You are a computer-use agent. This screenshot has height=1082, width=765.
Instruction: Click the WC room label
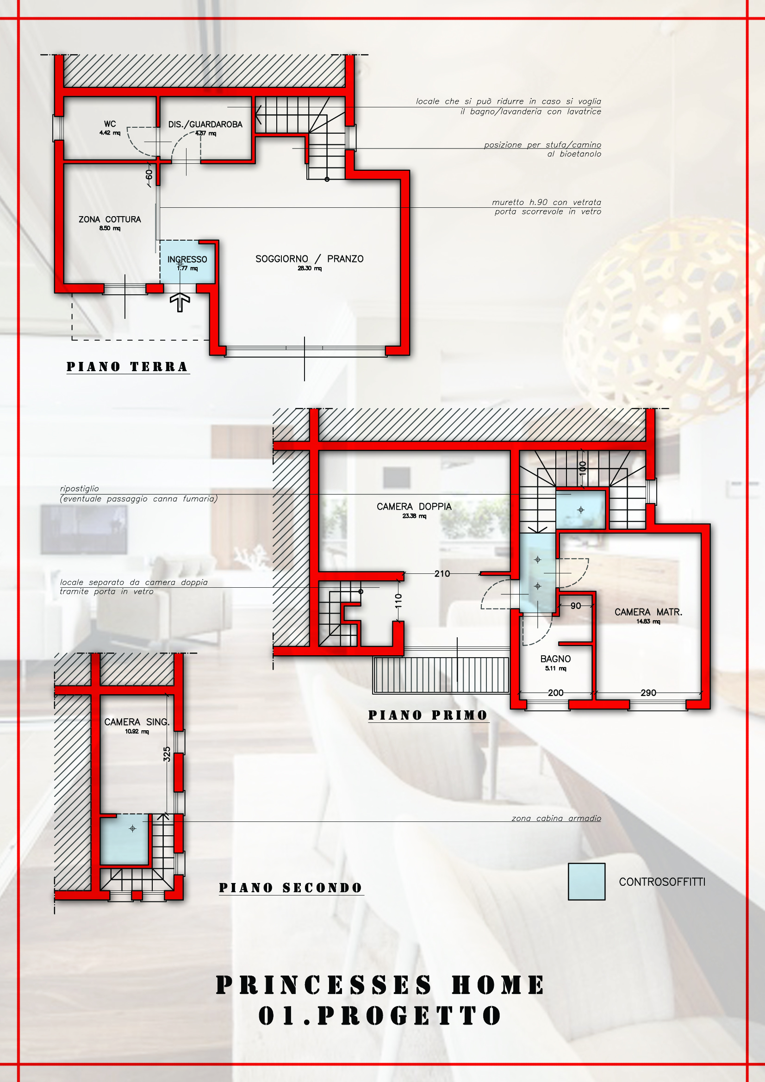point(110,124)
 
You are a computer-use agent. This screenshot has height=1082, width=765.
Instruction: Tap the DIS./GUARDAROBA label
point(205,124)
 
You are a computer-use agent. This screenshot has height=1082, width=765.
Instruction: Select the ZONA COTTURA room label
point(110,220)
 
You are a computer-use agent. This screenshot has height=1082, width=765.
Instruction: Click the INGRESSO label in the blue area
point(187,259)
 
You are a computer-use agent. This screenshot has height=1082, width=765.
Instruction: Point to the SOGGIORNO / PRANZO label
point(310,259)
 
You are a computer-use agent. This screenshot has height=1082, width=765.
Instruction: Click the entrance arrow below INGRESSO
point(180,303)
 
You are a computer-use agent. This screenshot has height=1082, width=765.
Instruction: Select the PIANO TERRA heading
point(127,367)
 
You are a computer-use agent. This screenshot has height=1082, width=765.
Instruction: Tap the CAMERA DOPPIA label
point(414,507)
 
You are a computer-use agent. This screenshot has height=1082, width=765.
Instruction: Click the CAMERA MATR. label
point(648,612)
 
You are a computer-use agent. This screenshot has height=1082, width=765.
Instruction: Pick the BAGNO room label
point(556,659)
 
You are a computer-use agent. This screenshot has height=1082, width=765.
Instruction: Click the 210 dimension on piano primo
point(442,573)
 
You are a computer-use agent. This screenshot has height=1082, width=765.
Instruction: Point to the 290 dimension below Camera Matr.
point(648,693)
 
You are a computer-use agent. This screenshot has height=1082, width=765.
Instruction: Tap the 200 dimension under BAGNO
point(556,693)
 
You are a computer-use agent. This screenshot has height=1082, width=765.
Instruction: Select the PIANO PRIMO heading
point(428,715)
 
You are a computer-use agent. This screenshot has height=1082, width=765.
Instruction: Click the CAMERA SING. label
point(137,722)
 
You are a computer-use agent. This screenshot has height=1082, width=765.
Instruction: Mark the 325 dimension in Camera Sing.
point(167,754)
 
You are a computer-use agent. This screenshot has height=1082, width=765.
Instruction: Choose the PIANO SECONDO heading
point(291,888)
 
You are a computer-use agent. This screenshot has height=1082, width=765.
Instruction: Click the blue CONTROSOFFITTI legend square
point(586,882)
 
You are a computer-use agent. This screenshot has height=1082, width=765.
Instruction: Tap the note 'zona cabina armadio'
point(556,818)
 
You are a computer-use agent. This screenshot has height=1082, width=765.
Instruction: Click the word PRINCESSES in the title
point(324,985)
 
